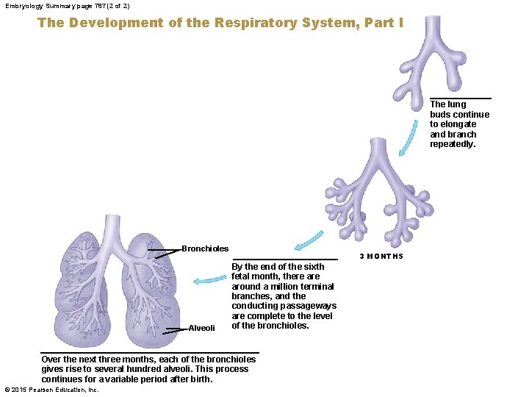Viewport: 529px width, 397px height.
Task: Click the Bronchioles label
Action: [x=205, y=249]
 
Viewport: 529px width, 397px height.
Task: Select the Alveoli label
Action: [x=202, y=328]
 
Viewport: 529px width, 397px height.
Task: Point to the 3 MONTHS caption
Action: [x=381, y=257]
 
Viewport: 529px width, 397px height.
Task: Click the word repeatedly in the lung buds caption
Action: [x=453, y=144]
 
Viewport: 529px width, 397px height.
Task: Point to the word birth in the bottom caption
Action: [x=198, y=379]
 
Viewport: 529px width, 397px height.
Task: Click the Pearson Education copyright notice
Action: [x=51, y=390]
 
